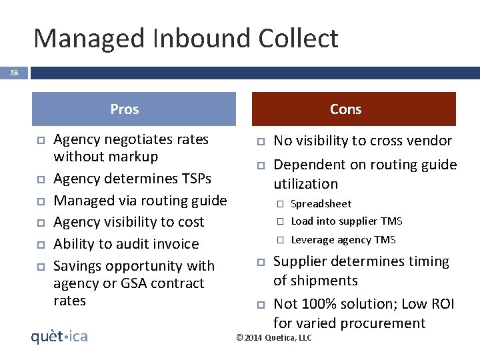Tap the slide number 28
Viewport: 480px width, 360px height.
14,73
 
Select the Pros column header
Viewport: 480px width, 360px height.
125,109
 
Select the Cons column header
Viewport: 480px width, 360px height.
345,109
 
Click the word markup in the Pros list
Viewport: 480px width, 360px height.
135,157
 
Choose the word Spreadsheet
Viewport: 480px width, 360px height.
321,204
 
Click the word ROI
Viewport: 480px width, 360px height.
441,304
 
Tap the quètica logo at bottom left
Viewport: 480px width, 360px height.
59,336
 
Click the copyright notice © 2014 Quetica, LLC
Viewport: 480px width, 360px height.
274,338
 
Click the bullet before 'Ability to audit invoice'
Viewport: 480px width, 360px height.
40,245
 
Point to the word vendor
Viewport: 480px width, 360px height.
429,141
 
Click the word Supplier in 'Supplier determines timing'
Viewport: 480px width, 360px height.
301,261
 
